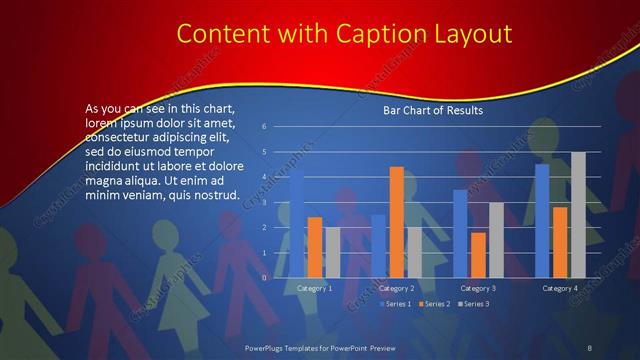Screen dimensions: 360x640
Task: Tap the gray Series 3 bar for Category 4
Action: pyautogui.click(x=578, y=215)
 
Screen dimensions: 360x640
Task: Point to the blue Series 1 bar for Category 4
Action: pyautogui.click(x=542, y=221)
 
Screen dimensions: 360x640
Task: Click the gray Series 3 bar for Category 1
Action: pyautogui.click(x=333, y=252)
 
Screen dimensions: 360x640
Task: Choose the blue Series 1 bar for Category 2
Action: pyautogui.click(x=378, y=246)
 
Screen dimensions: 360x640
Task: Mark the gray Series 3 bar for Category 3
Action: pyautogui.click(x=496, y=240)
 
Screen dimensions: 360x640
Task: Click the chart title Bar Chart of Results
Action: pyautogui.click(x=433, y=110)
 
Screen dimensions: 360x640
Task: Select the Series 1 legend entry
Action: pyautogui.click(x=398, y=303)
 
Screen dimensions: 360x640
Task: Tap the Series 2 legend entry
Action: pyautogui.click(x=436, y=303)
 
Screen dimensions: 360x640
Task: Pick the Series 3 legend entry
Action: pyautogui.click(x=474, y=303)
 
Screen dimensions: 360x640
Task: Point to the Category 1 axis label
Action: pyautogui.click(x=315, y=288)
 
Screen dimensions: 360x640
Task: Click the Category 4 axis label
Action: pyautogui.click(x=560, y=288)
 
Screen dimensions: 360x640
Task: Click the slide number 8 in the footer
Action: pyautogui.click(x=590, y=346)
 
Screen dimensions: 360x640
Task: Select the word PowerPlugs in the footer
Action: pyautogui.click(x=269, y=346)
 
